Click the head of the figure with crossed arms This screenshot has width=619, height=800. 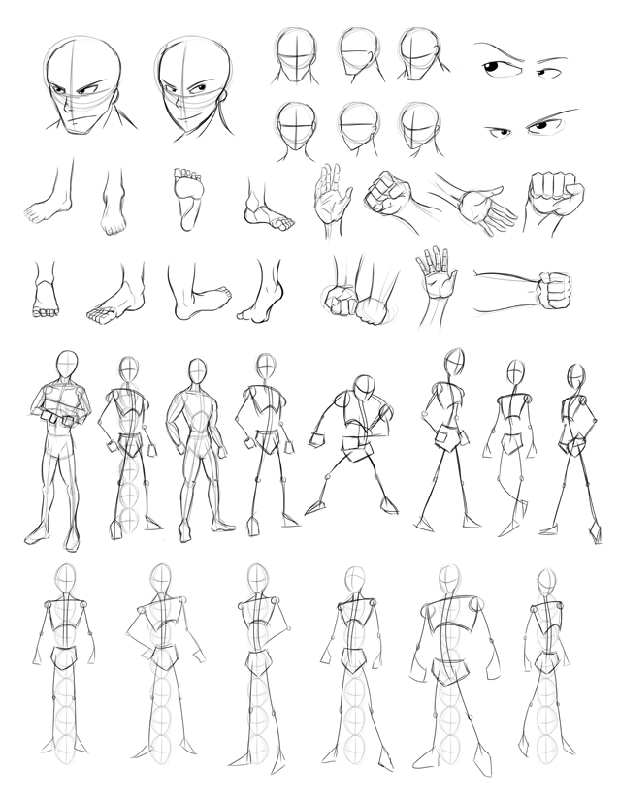[x=66, y=366]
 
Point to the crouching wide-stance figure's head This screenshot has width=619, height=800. [x=367, y=387]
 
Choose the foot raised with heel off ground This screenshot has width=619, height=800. [x=262, y=296]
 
